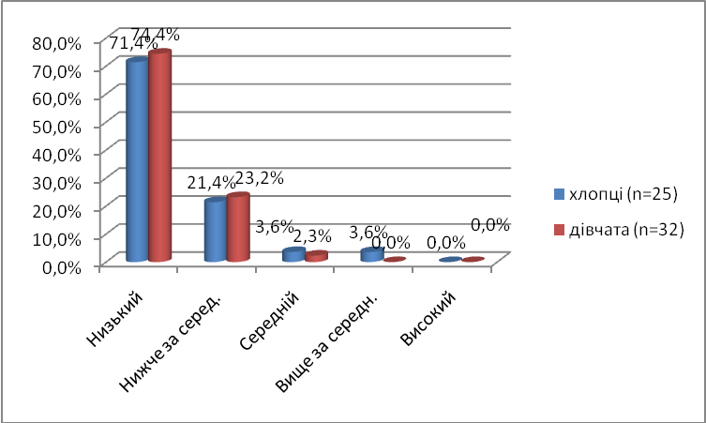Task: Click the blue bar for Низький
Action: point(137,159)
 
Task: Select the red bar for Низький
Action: point(159,156)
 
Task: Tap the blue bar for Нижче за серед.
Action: point(215,230)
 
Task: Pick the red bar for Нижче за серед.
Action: point(237,227)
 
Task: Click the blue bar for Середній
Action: point(293,254)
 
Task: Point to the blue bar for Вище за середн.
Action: point(370,254)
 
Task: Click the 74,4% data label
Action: point(158,34)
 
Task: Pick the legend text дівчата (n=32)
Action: point(627,228)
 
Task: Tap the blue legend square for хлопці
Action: point(558,194)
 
